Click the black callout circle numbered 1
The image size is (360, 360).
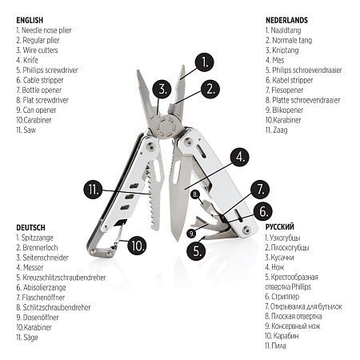coord(204,62)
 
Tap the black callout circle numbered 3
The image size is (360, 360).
coord(162,89)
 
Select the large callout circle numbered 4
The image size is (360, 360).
coord(239,157)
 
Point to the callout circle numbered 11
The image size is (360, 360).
coord(93,190)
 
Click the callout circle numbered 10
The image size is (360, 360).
coord(137,245)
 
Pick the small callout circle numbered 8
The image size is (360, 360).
coord(195,194)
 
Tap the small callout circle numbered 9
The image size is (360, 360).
coord(191,234)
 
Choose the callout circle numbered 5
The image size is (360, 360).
coord(196,250)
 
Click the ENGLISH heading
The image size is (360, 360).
coord(30,20)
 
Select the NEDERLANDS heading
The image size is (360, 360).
coord(286,20)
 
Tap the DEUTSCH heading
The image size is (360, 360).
coord(30,228)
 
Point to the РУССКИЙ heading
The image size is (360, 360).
coord(280,227)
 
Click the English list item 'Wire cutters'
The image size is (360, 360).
coord(37,50)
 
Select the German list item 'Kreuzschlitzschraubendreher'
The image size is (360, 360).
coord(61,278)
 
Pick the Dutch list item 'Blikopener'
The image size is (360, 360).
coord(284,110)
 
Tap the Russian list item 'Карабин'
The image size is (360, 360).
coord(282,336)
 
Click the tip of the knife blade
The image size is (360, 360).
coord(177,241)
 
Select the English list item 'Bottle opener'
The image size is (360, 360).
coord(39,90)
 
